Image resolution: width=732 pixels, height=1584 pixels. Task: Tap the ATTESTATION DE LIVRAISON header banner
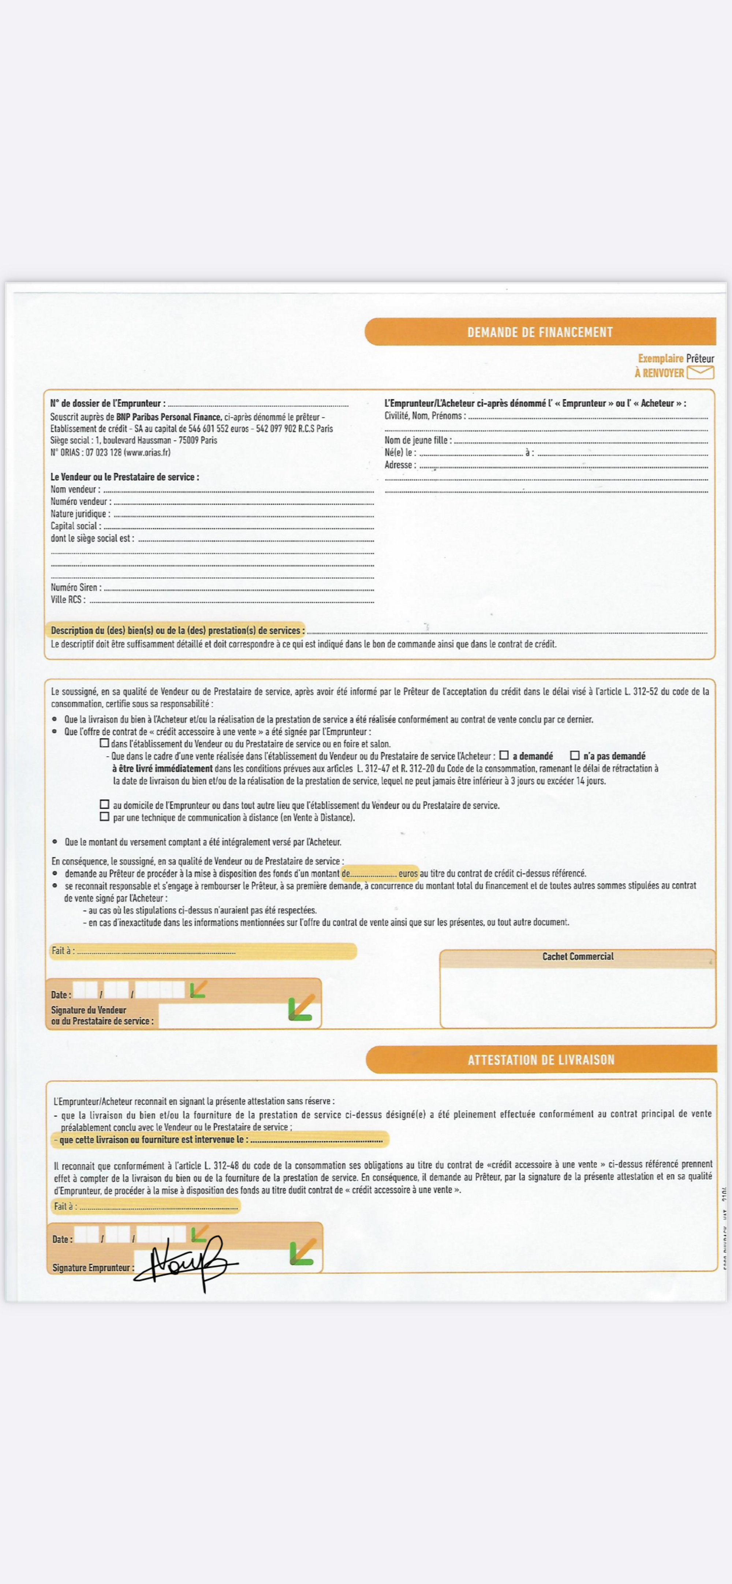click(541, 1060)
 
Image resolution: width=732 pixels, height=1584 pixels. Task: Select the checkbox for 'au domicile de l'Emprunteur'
click(105, 804)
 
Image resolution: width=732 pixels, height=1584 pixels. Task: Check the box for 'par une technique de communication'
click(105, 817)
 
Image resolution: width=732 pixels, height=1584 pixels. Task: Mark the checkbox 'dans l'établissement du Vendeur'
click(105, 743)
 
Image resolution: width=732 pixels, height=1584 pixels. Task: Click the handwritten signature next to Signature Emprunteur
click(184, 1262)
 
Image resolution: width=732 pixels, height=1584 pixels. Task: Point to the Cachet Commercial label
click(578, 956)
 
